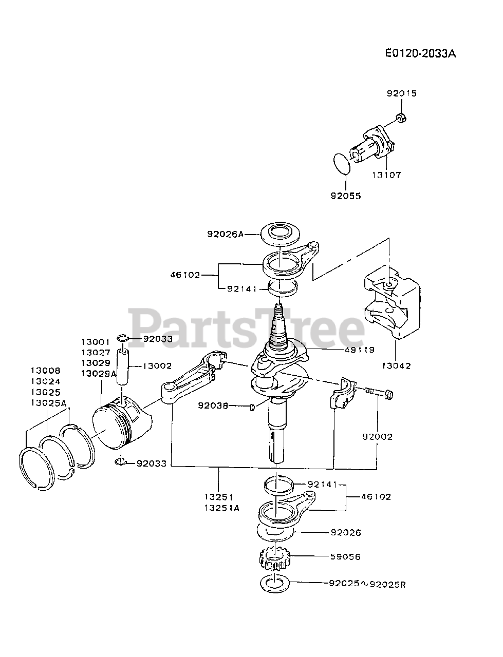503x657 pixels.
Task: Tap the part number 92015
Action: tap(402, 93)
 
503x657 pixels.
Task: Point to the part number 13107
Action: tap(386, 175)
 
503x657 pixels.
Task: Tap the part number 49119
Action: tap(360, 350)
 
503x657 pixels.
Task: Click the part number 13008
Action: tap(45, 370)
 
